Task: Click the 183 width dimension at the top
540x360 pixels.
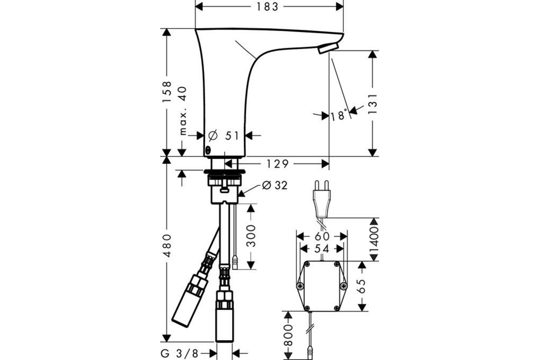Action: pos(267,7)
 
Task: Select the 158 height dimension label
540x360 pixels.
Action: pos(166,92)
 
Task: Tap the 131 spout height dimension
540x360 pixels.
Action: pos(373,104)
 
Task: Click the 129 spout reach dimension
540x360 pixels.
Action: pos(277,164)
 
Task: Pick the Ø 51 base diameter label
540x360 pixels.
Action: pos(224,135)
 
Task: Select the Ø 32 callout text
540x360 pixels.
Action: pos(275,185)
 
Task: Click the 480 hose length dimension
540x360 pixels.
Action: pos(166,245)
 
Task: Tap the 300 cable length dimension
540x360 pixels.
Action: pos(251,236)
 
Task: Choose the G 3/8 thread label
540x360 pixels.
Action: pos(180,354)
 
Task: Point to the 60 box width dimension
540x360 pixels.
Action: pos(322,237)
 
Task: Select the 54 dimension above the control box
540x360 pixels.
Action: pos(322,249)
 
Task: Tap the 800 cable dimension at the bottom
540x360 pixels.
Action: pos(288,335)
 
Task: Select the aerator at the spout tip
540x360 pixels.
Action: pos(328,49)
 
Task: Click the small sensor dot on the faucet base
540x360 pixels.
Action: pos(208,150)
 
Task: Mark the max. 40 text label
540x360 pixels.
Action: pos(183,111)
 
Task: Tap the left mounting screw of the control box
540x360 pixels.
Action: pos(300,286)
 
